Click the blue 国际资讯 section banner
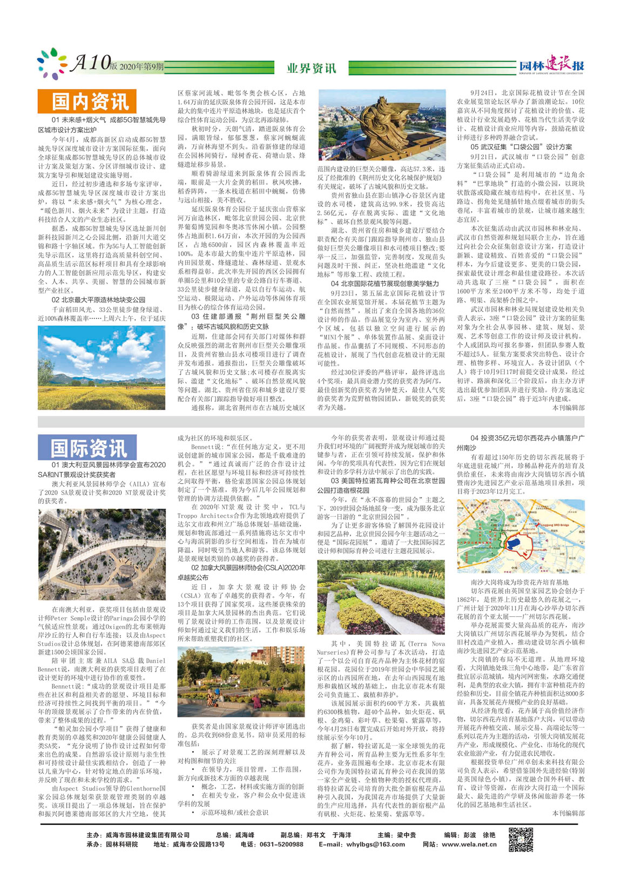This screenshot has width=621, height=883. [x=86, y=448]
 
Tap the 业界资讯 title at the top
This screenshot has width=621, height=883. [x=311, y=68]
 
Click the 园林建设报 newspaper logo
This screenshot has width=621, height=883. [x=552, y=65]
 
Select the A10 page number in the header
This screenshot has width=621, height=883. [x=90, y=63]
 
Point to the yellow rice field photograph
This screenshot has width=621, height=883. [x=102, y=367]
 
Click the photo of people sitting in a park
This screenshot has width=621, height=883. [x=241, y=682]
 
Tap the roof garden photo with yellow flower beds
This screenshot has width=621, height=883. [x=381, y=597]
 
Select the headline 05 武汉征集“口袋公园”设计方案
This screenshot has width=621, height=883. [x=521, y=147]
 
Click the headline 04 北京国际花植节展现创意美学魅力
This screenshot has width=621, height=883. [x=385, y=284]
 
